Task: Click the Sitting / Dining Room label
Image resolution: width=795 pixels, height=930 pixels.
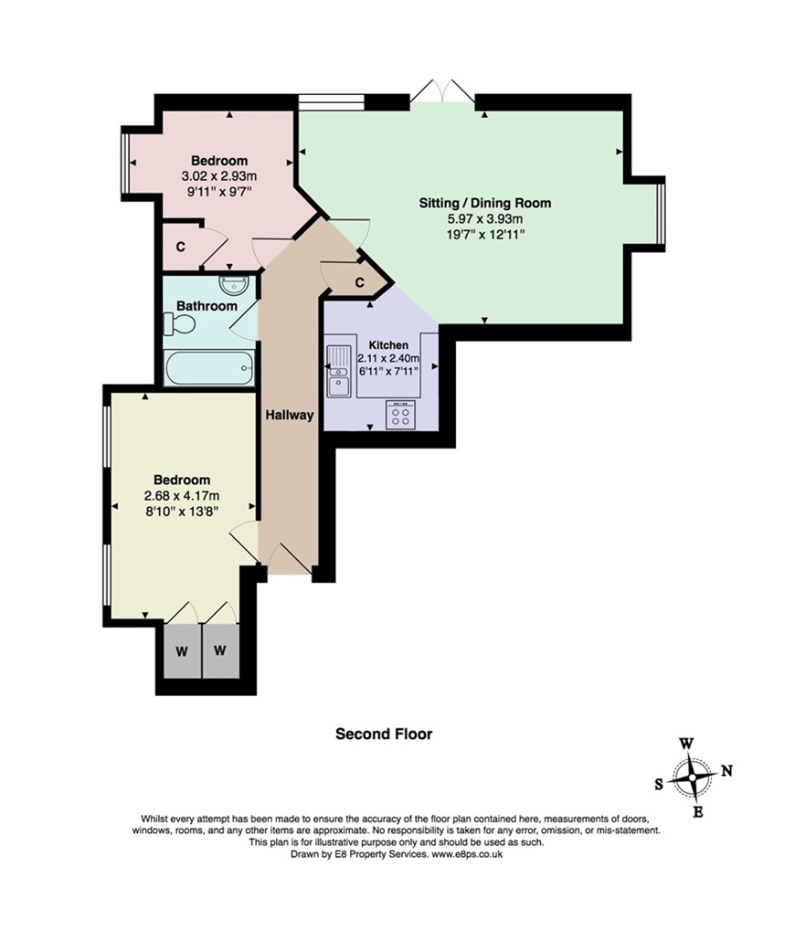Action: coord(484,203)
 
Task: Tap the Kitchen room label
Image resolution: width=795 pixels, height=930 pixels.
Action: coord(388,344)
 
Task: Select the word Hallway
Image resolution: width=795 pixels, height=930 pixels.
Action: coord(289,415)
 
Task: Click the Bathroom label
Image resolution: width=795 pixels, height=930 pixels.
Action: coord(207,306)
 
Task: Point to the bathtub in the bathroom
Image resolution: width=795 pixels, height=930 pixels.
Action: coord(209,368)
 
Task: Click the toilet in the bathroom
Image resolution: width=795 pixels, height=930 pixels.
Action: coord(179,324)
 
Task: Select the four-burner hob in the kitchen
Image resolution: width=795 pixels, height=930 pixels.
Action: coord(400,414)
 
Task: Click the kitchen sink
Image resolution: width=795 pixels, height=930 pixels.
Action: coord(339,371)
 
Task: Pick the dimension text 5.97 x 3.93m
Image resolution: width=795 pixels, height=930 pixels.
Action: coord(484,219)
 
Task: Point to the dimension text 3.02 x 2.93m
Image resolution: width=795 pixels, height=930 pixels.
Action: coord(219,176)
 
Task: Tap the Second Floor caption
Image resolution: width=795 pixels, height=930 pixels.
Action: coord(384,734)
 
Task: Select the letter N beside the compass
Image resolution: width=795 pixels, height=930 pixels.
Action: coord(726,770)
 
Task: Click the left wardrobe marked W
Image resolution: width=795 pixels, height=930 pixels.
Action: coord(182,651)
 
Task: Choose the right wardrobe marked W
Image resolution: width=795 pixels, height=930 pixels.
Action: coord(220,650)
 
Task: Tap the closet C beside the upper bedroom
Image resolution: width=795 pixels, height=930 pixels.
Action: coord(180,247)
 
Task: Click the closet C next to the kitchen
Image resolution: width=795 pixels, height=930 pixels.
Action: coord(359,283)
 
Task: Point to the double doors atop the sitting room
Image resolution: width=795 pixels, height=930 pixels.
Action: coord(442,92)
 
